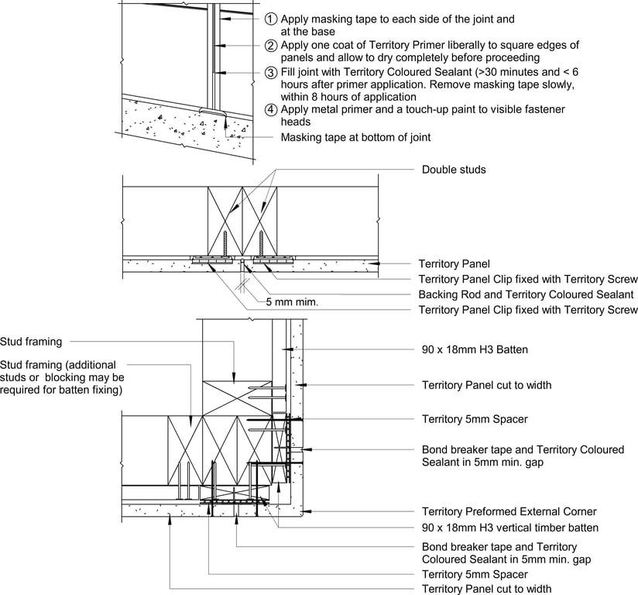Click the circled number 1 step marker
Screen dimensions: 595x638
[271, 19]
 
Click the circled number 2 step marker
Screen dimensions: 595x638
[271, 46]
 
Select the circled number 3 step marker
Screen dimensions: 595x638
[271, 73]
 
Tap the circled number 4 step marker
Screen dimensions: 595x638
[271, 109]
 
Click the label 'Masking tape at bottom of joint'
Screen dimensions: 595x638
[355, 137]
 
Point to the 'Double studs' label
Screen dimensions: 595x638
[454, 170]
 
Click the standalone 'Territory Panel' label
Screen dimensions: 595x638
[454, 264]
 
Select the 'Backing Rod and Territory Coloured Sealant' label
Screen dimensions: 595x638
[526, 294]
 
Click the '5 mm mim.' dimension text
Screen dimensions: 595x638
[290, 301]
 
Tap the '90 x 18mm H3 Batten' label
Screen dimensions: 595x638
[475, 349]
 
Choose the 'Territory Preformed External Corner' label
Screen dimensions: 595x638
[509, 511]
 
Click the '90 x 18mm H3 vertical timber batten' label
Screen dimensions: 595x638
[510, 528]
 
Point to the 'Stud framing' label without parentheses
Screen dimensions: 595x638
[31, 341]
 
